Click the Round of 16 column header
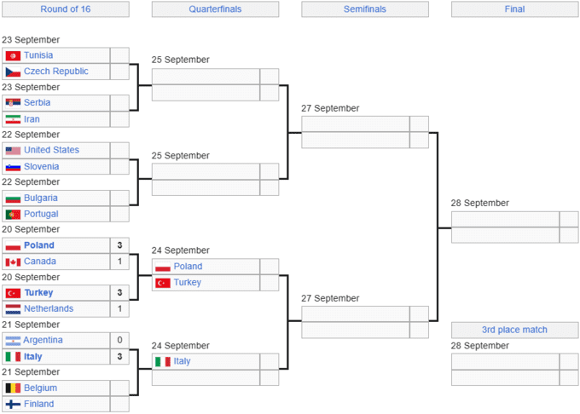(66, 9)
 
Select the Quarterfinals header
(215, 9)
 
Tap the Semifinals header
(365, 9)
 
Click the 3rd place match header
(514, 330)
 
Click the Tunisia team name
(38, 55)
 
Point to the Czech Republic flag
(13, 72)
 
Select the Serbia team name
(37, 103)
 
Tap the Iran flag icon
(13, 119)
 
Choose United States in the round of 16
(51, 150)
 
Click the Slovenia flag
(13, 167)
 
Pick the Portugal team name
(41, 214)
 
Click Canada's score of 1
(119, 262)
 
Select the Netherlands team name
(49, 308)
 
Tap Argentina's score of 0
(119, 340)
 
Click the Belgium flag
(13, 388)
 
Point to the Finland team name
(39, 404)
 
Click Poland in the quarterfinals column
(188, 267)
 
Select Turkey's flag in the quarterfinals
(163, 283)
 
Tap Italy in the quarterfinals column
(182, 361)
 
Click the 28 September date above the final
(479, 203)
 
